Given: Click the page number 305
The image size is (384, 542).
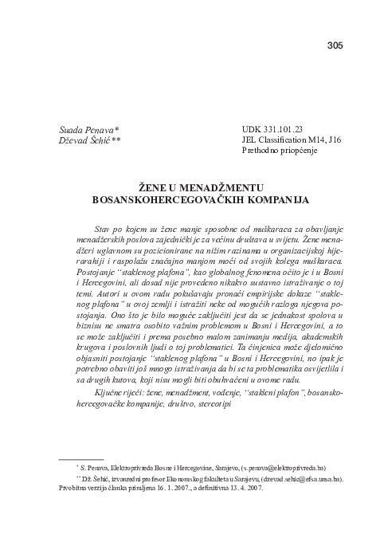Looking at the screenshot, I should coord(335,45).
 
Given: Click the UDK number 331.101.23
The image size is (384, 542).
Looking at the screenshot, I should coord(280,128).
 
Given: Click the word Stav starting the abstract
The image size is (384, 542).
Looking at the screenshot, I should coord(103,227).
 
